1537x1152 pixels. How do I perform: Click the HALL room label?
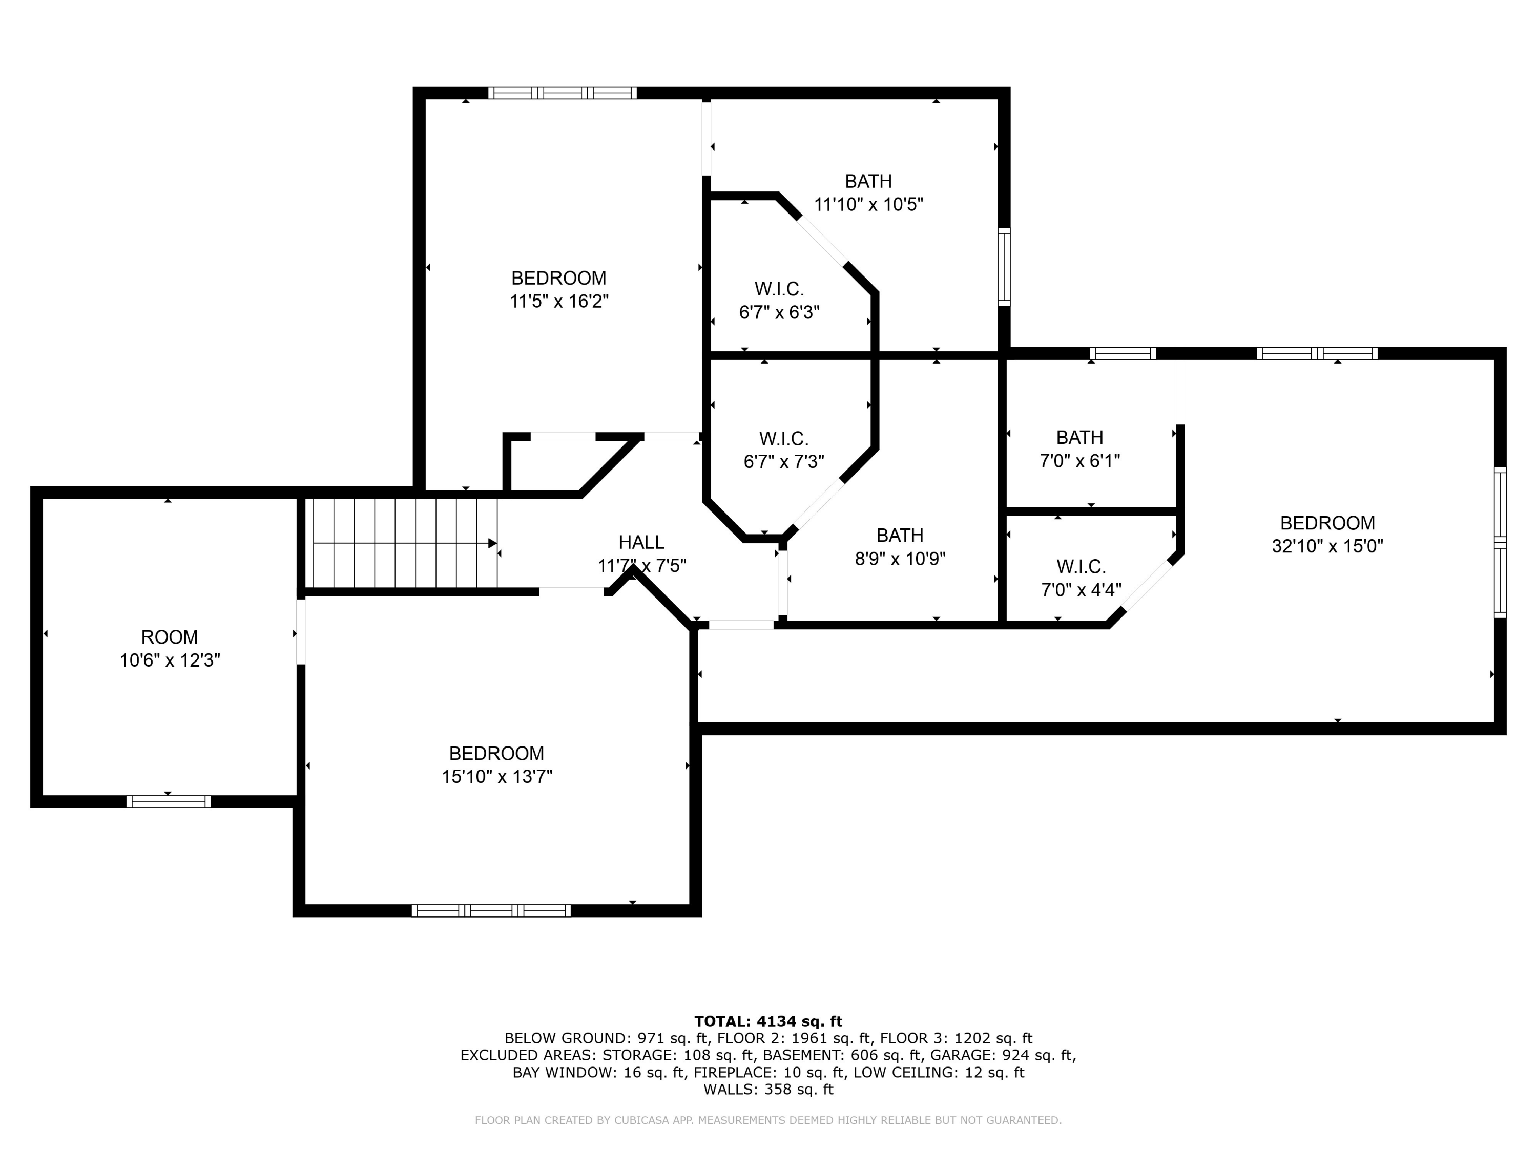click(x=641, y=542)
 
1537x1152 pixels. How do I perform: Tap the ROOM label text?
click(x=170, y=637)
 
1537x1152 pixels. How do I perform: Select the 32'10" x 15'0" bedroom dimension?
click(x=1327, y=546)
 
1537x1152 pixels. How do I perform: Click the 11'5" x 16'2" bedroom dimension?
click(x=559, y=302)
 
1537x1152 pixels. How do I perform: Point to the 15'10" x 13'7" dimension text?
click(x=497, y=776)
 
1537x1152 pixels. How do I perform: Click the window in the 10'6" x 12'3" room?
click(x=168, y=801)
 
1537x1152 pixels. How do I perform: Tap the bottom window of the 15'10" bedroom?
click(x=491, y=910)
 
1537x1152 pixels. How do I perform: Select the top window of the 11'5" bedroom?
click(x=562, y=93)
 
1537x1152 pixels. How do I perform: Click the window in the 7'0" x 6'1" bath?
click(x=1123, y=353)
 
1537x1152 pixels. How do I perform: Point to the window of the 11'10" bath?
click(x=1004, y=267)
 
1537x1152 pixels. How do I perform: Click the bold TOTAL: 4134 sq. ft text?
click(x=768, y=1021)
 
